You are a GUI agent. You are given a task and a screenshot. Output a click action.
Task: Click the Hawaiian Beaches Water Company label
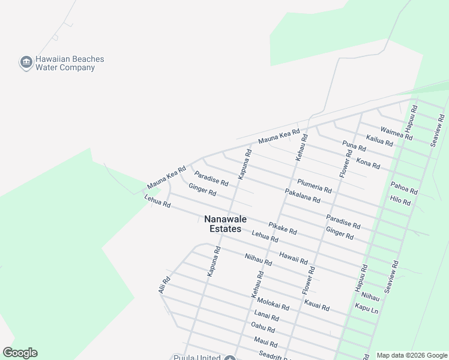click(70, 64)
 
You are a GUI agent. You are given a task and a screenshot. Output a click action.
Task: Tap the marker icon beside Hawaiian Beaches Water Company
click(26, 62)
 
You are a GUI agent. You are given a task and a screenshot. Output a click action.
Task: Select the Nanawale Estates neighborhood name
click(225, 224)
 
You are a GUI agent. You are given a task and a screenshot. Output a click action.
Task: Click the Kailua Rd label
click(379, 141)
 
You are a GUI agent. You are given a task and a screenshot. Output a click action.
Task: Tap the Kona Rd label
click(368, 163)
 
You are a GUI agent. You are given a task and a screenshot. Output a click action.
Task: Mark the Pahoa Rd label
click(404, 188)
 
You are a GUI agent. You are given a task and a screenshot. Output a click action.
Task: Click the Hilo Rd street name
click(400, 201)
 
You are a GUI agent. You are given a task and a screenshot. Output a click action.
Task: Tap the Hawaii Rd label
click(294, 258)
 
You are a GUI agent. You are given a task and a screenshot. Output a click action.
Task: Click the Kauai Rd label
click(316, 305)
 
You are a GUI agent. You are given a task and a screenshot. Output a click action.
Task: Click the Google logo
click(20, 353)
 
